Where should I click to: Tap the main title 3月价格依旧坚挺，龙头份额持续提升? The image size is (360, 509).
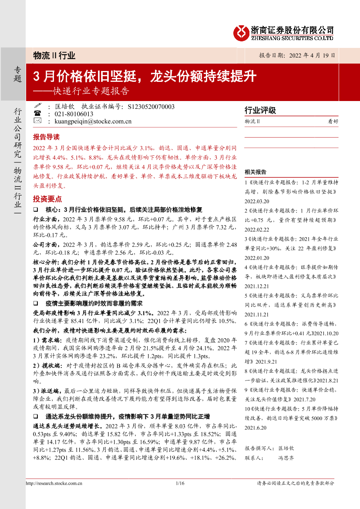[145, 77]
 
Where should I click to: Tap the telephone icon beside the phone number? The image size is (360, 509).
[37, 114]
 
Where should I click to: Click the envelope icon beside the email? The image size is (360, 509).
[37, 121]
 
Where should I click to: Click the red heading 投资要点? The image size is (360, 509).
[47, 199]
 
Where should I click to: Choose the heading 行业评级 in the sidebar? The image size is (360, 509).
[260, 111]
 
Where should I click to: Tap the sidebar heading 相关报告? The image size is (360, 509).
[256, 172]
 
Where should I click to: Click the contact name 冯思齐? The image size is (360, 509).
[286, 458]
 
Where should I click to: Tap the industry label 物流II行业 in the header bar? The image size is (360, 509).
[54, 56]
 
